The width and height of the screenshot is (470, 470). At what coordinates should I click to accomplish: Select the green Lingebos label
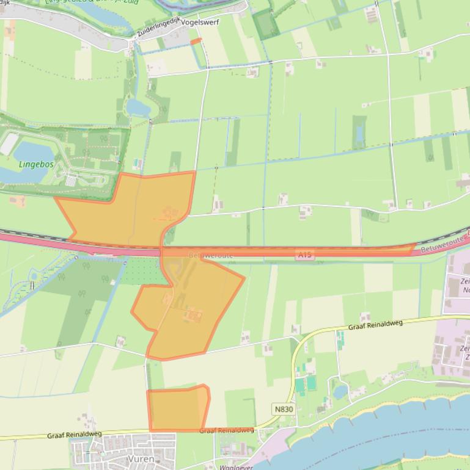[36, 164]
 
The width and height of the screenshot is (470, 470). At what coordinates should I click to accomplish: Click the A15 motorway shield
[305, 255]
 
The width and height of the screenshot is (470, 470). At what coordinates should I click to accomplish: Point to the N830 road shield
[284, 408]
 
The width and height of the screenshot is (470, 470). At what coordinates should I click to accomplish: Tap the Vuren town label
[141, 458]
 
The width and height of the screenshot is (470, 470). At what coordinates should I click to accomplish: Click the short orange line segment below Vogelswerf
[196, 41]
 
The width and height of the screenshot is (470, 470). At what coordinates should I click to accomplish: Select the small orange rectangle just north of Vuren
[177, 409]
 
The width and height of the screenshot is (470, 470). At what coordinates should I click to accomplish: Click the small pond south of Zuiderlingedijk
[138, 108]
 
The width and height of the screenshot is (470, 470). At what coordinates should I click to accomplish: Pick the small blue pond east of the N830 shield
[340, 391]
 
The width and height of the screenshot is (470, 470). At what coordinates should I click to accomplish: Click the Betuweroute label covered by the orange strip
[211, 255]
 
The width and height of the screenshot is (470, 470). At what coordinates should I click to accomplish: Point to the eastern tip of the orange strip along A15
[415, 246]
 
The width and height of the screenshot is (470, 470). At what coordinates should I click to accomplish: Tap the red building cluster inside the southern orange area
[193, 316]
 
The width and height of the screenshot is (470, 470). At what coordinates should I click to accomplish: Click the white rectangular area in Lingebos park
[9, 144]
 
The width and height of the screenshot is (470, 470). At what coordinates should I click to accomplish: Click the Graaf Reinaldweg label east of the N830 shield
[375, 325]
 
